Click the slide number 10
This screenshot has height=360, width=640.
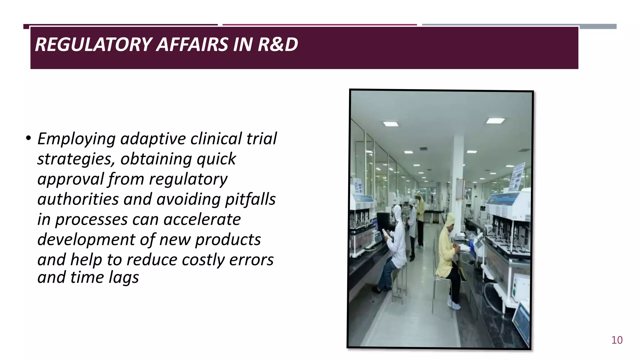[617, 340]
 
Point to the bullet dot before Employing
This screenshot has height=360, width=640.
[28, 138]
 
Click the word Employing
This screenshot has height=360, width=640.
[76, 139]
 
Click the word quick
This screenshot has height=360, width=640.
[216, 159]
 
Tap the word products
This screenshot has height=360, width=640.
[228, 240]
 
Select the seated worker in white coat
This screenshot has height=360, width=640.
[394, 247]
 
